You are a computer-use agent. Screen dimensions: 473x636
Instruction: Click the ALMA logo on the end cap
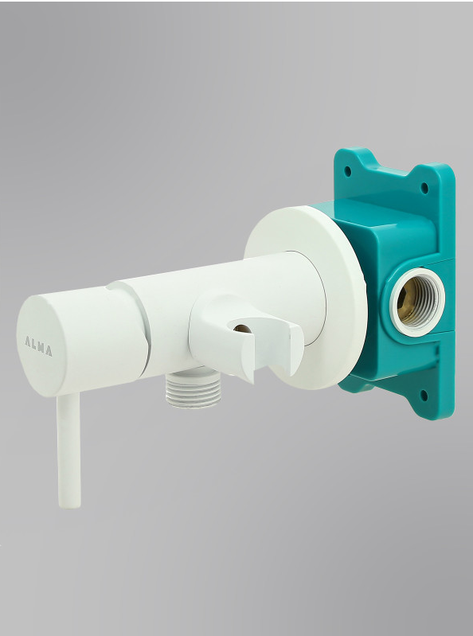coord(38,345)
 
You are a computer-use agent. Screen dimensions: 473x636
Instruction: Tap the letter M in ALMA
coord(41,347)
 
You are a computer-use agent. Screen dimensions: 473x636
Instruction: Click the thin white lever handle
coord(68,451)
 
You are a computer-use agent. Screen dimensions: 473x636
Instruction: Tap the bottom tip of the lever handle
coord(69,507)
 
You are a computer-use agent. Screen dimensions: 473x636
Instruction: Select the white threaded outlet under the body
coord(193,389)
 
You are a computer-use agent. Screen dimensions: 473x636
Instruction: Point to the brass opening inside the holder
coord(242,328)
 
